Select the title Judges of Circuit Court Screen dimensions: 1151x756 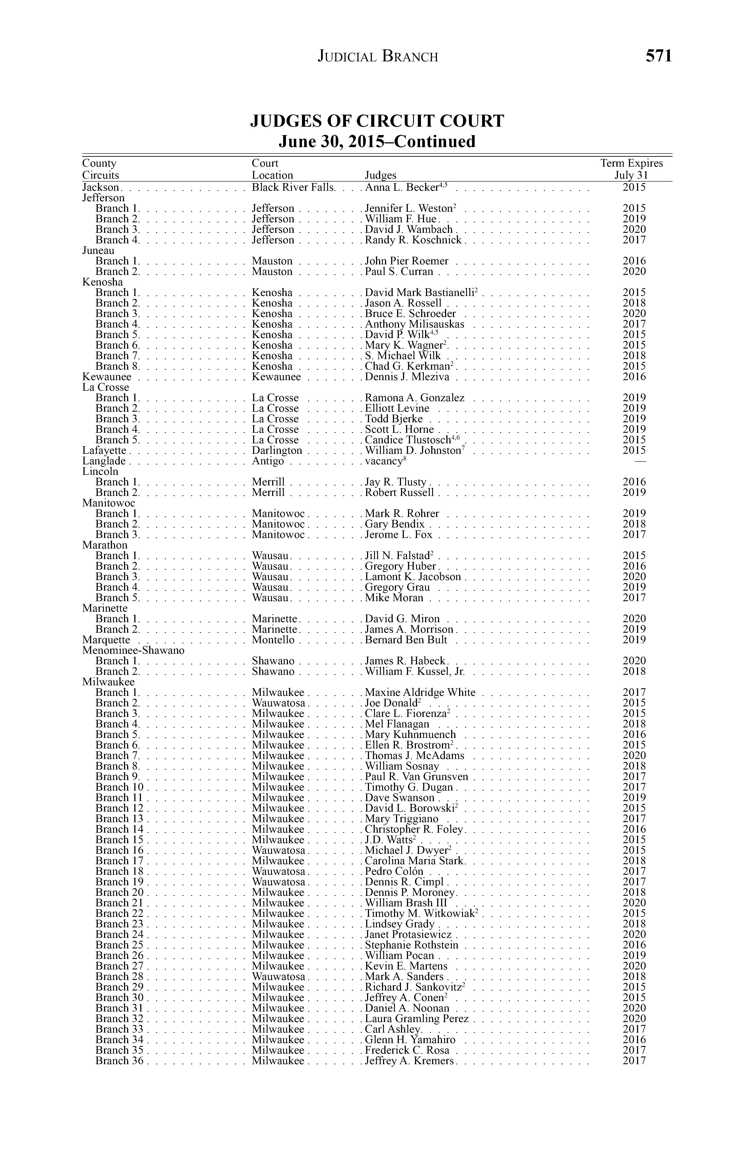click(377, 121)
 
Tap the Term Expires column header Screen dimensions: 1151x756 click(631, 164)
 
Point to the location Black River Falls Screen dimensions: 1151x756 click(293, 188)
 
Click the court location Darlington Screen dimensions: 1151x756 click(277, 451)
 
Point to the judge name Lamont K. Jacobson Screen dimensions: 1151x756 click(413, 577)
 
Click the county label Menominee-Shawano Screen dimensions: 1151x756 click(133, 650)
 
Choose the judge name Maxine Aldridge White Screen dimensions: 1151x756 click(420, 693)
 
